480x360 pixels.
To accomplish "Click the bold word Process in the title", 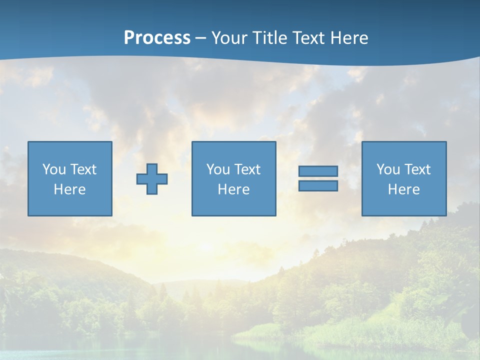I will coord(157,38).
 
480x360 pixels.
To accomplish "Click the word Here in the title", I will coord(349,38).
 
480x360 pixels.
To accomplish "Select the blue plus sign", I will coord(152,179).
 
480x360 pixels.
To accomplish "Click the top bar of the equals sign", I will coord(318,171).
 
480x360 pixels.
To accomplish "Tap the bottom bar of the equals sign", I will coord(318,186).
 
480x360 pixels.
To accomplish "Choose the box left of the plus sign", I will coord(69,179).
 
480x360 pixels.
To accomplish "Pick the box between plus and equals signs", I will coord(233,179).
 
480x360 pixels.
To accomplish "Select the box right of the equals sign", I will coord(403,179).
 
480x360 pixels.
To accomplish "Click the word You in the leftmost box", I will coord(54,169).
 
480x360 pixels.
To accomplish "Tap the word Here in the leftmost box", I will coord(69,189).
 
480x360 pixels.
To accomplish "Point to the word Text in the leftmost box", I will coord(83,169).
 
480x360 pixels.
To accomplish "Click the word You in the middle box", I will coord(218,169).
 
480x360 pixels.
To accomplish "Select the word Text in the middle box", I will coord(247,169).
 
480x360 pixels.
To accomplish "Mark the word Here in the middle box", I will coord(233,189).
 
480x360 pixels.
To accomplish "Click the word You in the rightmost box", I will coord(388,169).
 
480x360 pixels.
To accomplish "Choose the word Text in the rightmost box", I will coord(417,169).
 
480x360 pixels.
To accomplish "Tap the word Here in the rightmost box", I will coord(403,189).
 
